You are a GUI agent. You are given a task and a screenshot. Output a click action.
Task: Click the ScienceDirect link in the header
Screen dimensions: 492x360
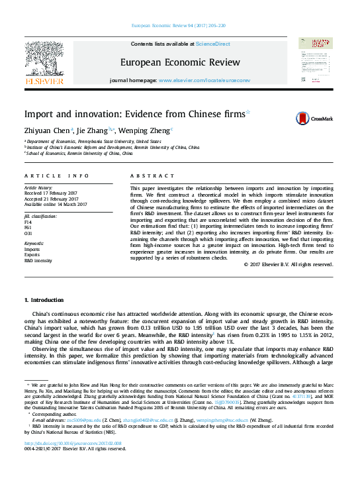point(212,44)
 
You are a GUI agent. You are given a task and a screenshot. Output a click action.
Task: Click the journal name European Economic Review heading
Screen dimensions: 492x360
point(180,62)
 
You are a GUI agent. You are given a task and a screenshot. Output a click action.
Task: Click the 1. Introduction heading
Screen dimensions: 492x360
point(44,300)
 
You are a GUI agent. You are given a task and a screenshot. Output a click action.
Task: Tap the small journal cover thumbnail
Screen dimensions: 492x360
point(314,63)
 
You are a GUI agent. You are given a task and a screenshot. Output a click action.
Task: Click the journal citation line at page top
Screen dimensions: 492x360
point(179,26)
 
